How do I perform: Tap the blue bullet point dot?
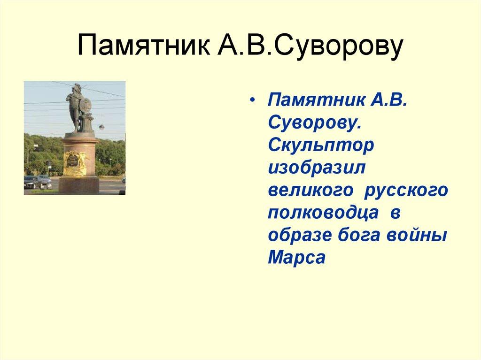click(254, 102)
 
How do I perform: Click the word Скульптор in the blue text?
click(321, 145)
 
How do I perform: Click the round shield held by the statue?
click(85, 105)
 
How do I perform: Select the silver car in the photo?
click(45, 182)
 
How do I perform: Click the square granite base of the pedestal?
click(78, 185)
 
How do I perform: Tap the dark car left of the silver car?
click(31, 182)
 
